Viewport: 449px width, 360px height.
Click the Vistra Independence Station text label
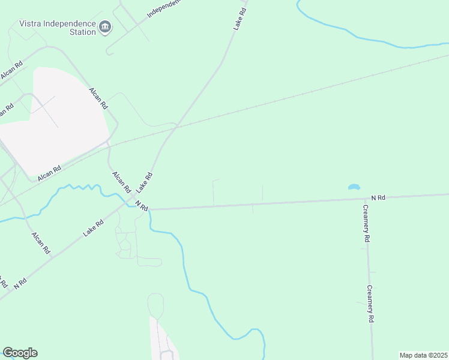click(x=58, y=28)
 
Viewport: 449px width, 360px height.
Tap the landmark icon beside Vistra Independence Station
click(x=105, y=26)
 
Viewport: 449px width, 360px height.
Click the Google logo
click(x=20, y=353)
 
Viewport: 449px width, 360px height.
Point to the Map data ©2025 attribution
click(x=423, y=355)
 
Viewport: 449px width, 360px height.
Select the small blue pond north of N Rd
click(x=354, y=187)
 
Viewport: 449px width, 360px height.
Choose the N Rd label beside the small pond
click(x=378, y=197)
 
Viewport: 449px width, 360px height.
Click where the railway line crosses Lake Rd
click(x=169, y=130)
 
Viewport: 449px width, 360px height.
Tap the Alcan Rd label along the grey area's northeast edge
click(x=98, y=98)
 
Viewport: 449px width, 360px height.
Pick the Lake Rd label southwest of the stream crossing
click(x=93, y=228)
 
